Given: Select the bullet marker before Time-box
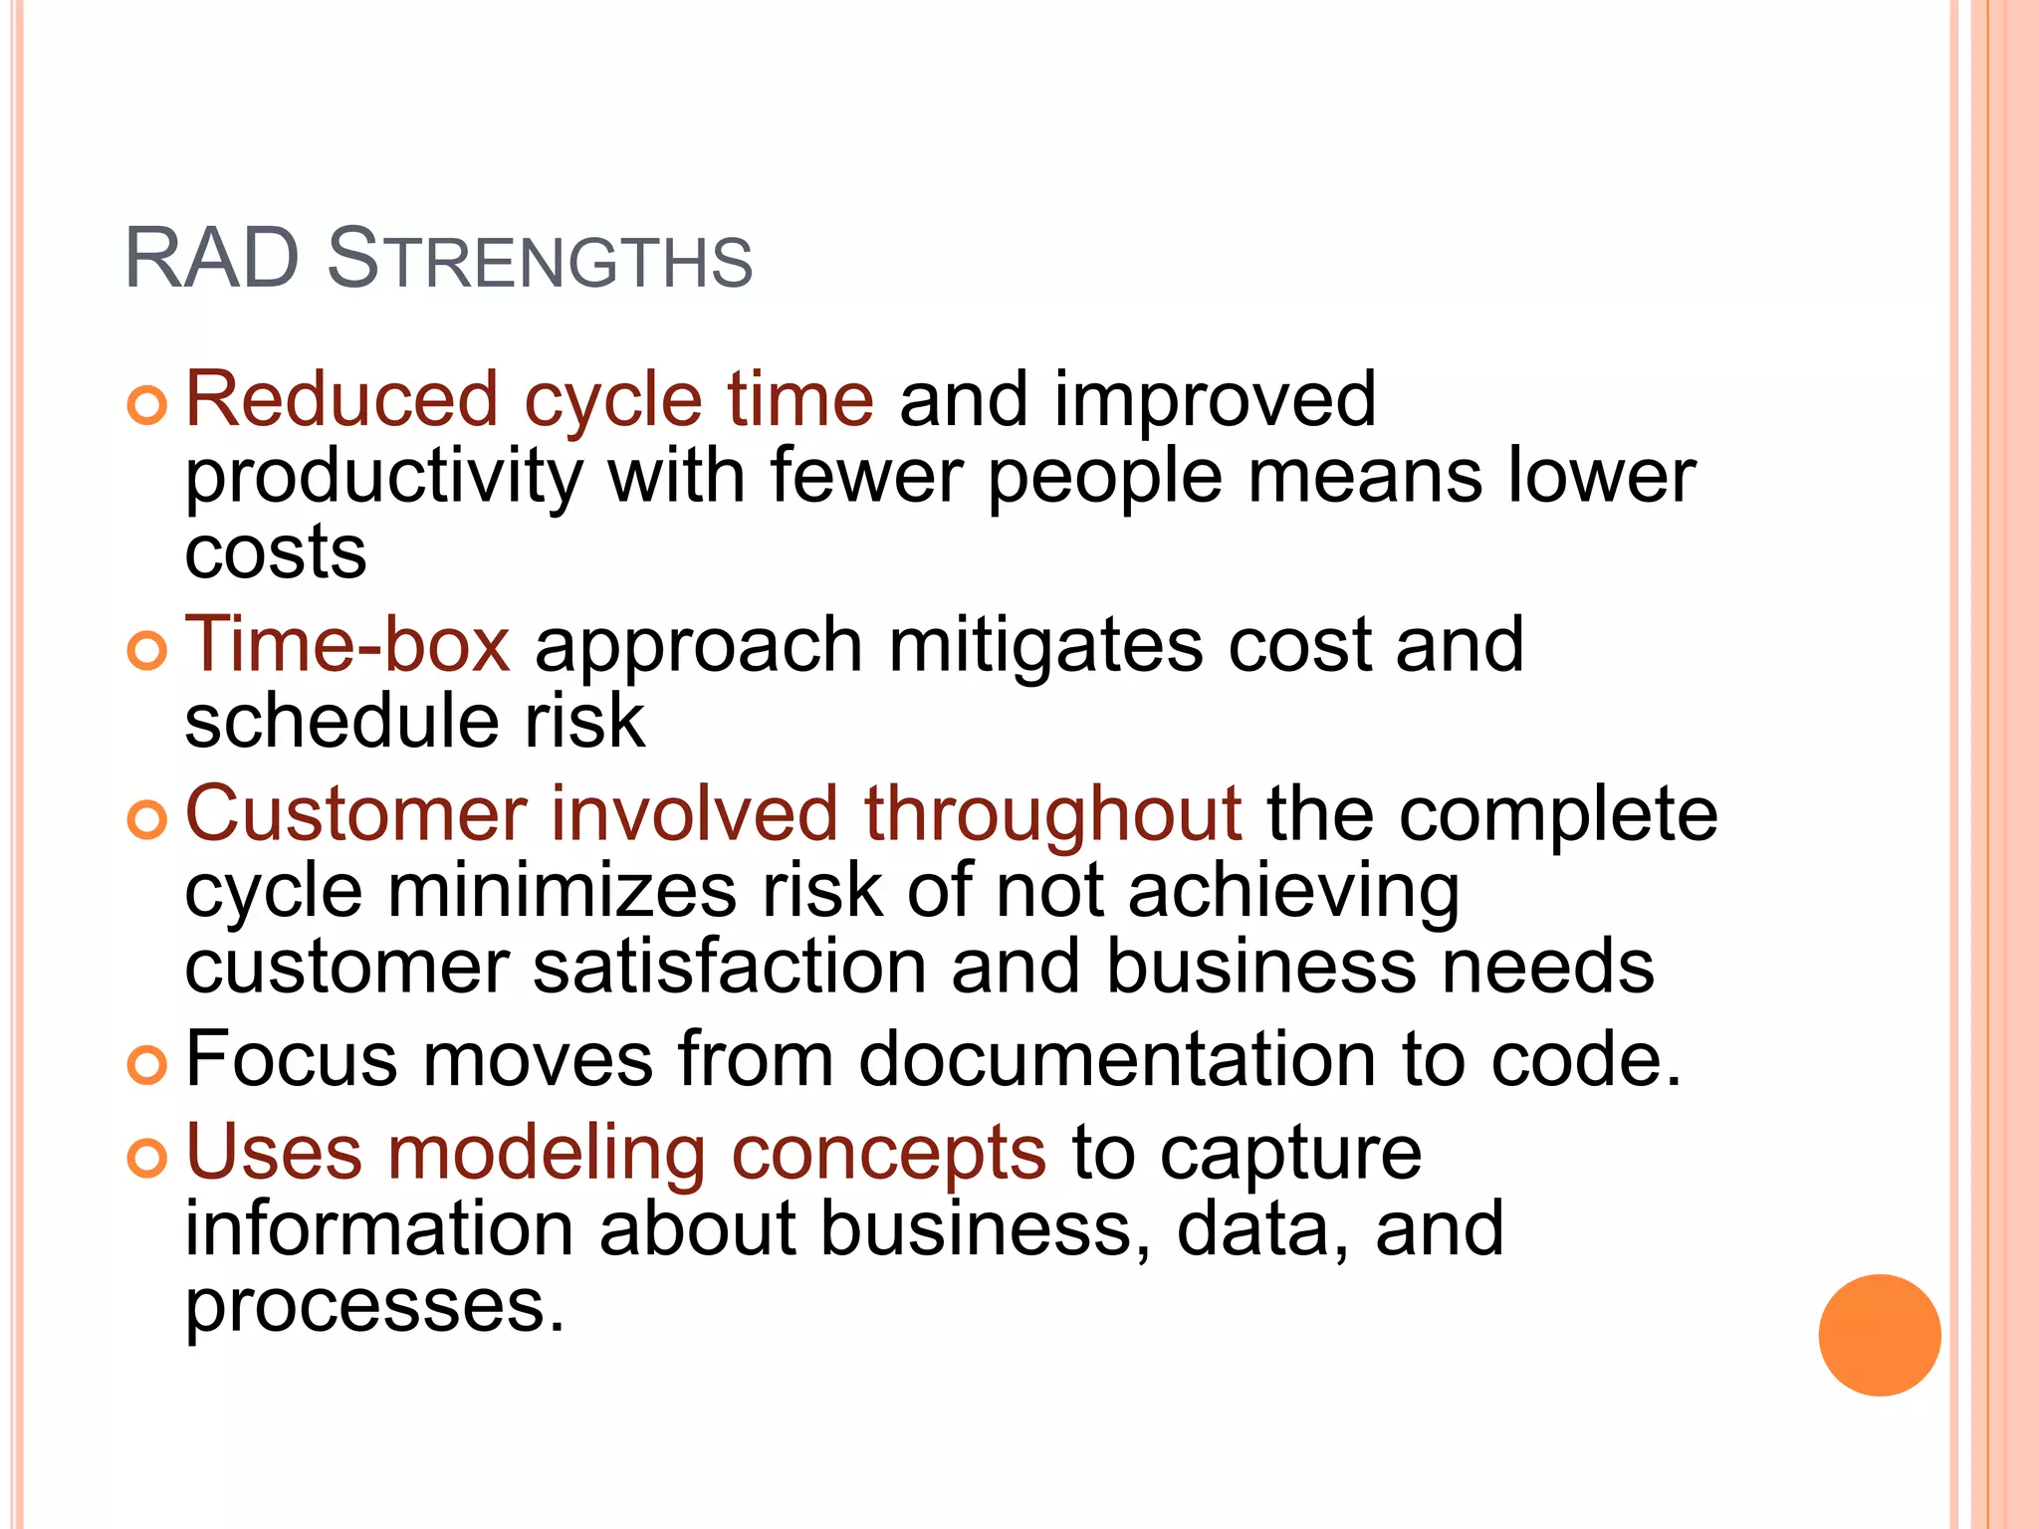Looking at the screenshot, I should coord(147,652).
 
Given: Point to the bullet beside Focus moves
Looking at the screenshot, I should coord(147,1065).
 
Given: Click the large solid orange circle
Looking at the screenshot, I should coord(1879,1335).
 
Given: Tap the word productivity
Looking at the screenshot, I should coord(383,478).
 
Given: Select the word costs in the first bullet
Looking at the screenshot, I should coord(276,552).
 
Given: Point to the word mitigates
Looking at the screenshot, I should coord(1045,647).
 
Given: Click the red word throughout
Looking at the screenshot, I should coord(1052,814).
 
